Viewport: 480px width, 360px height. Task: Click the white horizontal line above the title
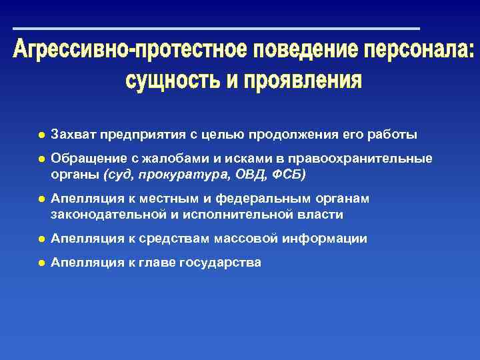click(216, 29)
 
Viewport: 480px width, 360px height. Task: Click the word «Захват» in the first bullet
click(73, 135)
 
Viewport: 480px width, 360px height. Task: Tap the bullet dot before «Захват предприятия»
click(41, 135)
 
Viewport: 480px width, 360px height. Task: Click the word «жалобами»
click(155, 159)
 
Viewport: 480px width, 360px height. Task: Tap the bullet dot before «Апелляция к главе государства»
click(41, 263)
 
